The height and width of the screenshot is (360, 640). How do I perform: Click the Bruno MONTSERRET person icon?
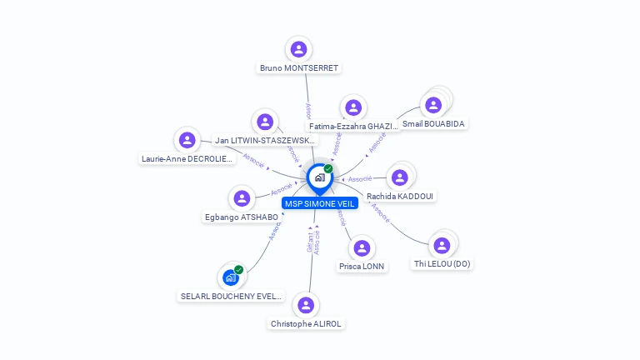299,49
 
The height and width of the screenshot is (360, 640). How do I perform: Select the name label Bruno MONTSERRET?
299,68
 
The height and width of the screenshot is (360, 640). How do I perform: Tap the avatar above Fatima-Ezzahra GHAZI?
354,107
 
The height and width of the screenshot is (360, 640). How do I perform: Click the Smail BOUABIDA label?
433,124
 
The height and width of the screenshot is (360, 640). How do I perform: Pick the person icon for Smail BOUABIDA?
433,105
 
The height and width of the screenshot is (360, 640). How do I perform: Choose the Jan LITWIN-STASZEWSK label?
265,141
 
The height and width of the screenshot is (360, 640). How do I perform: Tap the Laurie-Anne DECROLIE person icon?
187,140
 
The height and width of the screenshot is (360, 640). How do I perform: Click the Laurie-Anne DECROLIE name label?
187,158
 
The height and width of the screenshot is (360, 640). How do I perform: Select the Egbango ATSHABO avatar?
242,198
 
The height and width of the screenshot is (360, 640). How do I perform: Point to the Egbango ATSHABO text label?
242,217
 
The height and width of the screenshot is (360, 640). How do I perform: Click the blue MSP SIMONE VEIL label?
319,203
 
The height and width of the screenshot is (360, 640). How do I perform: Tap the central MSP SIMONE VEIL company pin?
319,177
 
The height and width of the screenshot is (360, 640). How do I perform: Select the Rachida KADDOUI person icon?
400,177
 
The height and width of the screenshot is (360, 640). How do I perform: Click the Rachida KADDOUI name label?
400,197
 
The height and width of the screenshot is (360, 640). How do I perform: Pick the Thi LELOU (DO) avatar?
442,245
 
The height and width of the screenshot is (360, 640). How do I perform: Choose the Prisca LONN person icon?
362,248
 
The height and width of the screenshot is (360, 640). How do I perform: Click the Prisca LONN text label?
362,267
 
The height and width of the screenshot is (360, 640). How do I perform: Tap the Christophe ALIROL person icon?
307,305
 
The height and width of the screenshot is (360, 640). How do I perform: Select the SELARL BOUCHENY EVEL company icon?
231,277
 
